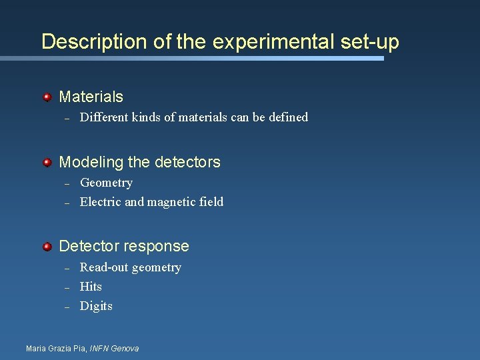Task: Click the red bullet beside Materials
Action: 47,97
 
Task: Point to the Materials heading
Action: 91,97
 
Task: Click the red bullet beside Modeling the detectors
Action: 47,162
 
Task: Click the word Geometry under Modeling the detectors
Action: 106,183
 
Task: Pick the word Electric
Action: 101,202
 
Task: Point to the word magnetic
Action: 170,202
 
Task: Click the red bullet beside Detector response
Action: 47,247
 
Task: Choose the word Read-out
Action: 103,267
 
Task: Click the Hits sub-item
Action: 91,287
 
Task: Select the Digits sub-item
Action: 96,306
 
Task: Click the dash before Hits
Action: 67,287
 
